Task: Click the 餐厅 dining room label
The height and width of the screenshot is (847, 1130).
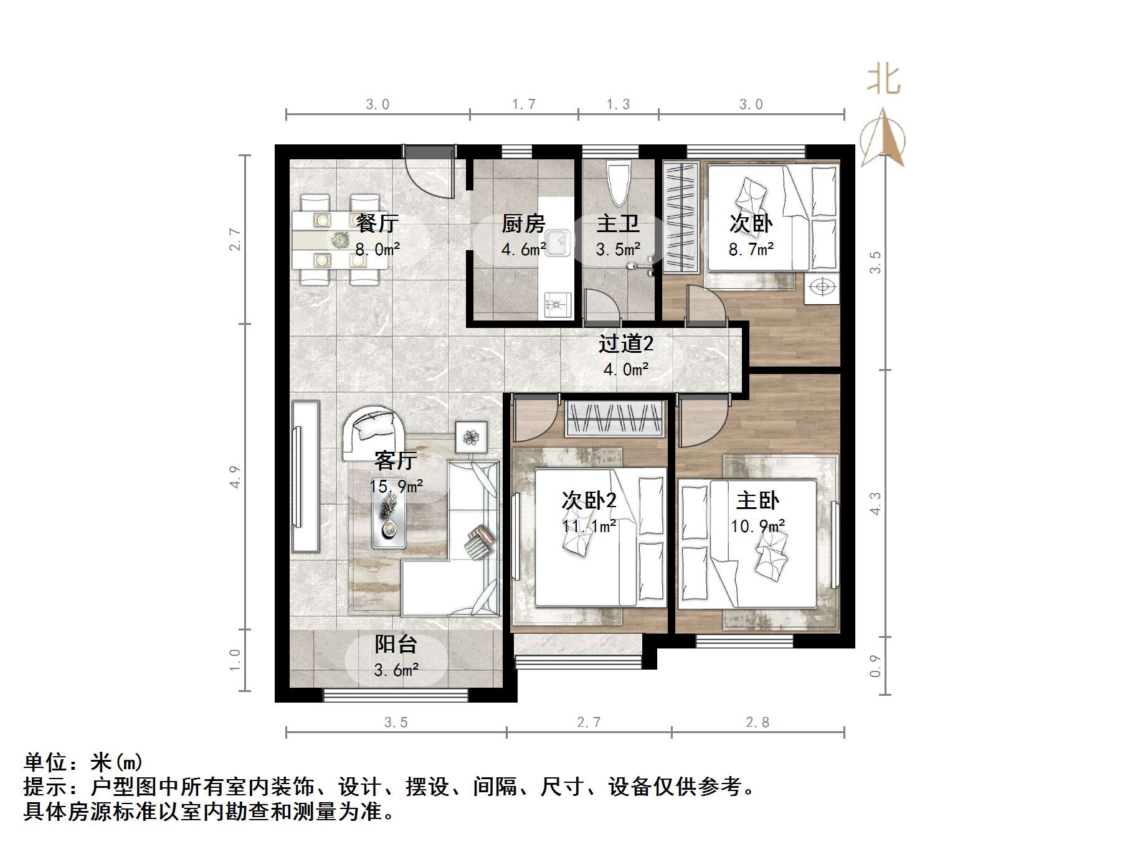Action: point(377,223)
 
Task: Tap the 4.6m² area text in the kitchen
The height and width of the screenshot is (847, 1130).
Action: point(523,250)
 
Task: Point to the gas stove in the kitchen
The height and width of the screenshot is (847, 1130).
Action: point(556,305)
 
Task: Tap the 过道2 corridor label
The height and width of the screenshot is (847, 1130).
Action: point(626,344)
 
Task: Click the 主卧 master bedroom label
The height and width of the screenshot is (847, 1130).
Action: point(757,500)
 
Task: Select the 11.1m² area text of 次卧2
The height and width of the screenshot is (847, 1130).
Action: point(589,526)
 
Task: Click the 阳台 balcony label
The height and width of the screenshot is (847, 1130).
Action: point(396,644)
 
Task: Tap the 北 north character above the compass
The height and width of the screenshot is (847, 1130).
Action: point(883,80)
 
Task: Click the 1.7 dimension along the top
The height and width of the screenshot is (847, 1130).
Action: point(524,105)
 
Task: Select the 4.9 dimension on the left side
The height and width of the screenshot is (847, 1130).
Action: point(235,477)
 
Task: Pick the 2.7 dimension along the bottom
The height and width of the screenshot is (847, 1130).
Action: point(589,723)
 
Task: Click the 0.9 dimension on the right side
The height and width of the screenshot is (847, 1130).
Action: point(875,665)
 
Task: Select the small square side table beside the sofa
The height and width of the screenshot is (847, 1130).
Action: point(471,437)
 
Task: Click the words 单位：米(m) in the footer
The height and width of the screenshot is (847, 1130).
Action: point(83,762)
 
